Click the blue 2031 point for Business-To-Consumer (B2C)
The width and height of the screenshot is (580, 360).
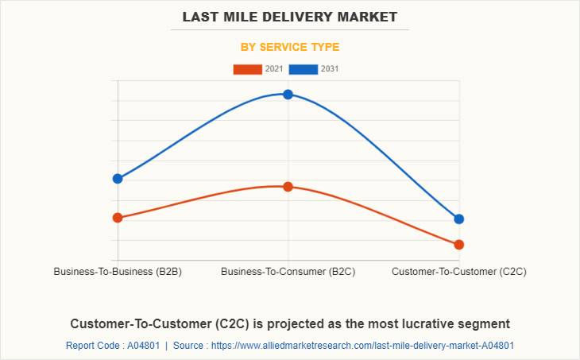(288, 95)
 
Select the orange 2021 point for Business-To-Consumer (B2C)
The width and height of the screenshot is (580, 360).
(288, 187)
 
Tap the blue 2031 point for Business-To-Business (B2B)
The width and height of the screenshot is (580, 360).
(118, 179)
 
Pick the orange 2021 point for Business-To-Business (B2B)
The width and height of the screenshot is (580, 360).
(118, 218)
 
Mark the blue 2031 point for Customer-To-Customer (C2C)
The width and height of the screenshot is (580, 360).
(459, 219)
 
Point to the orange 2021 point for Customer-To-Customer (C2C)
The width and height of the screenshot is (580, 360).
(459, 245)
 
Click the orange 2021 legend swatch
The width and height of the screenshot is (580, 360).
(247, 69)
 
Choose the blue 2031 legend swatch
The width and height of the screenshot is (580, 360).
(304, 69)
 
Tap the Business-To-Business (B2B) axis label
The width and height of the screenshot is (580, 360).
(118, 272)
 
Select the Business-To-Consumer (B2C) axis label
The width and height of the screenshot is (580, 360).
(288, 272)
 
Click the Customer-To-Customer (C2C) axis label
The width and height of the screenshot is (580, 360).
(459, 272)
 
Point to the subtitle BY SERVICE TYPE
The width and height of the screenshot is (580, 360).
(290, 47)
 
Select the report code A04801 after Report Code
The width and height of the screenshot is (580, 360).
(144, 346)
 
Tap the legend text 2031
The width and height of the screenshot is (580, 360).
(330, 69)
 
